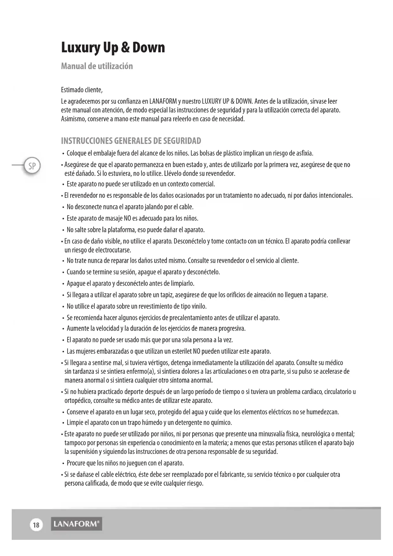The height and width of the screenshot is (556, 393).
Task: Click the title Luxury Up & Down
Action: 113,48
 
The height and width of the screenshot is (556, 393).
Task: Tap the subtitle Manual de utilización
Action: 97,66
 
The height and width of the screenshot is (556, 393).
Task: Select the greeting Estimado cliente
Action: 82,90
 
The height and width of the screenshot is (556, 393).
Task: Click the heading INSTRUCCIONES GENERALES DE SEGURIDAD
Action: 131,141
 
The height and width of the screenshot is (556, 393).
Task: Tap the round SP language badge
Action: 32,166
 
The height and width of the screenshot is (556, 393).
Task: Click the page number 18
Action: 36,525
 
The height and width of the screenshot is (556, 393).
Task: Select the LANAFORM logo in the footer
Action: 76,524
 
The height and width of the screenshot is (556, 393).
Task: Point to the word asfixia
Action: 305,154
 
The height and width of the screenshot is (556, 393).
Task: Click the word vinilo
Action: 199,307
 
